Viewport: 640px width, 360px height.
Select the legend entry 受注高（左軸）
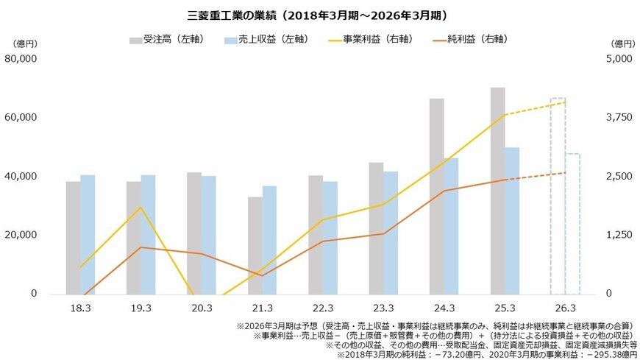164,38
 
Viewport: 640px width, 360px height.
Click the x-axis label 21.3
262,308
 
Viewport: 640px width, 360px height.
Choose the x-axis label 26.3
565,308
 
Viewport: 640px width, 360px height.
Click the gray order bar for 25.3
497,191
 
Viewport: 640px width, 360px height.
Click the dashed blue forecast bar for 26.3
572,224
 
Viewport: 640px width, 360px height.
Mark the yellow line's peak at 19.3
141,207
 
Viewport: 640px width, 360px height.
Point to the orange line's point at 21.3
262,275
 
